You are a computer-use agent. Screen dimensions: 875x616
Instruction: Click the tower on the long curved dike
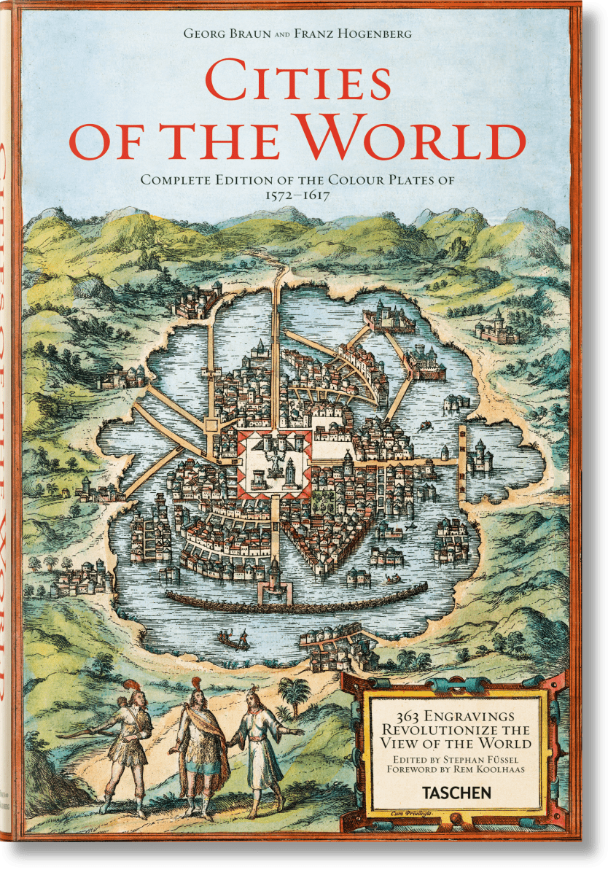pyautogui.click(x=274, y=580)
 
